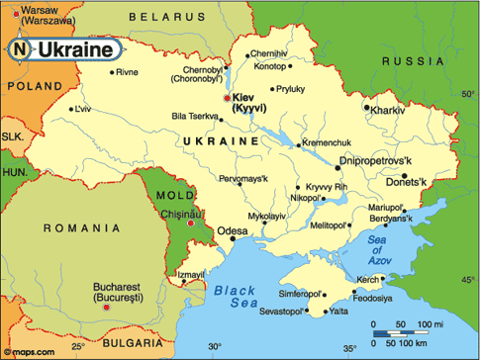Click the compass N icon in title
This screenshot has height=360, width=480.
tap(22, 48)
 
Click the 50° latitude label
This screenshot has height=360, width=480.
tap(467, 94)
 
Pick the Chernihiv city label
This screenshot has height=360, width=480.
tap(269, 53)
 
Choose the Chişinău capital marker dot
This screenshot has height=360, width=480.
tap(190, 223)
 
